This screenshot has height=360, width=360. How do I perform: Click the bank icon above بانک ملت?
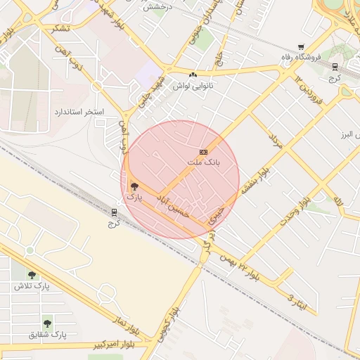(x=203, y=152)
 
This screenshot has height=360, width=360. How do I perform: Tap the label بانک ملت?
(x=203, y=162)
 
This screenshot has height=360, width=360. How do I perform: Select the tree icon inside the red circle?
(x=134, y=186)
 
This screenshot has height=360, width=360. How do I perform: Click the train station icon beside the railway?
(x=115, y=212)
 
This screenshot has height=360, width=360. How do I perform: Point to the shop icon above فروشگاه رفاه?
(x=301, y=46)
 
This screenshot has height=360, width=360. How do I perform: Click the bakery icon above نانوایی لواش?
(x=193, y=74)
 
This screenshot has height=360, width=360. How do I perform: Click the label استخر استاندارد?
(x=79, y=112)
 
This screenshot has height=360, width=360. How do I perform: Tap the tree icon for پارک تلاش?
(x=32, y=274)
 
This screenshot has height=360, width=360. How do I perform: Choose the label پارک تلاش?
(x=32, y=286)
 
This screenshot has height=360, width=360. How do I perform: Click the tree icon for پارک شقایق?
(x=47, y=323)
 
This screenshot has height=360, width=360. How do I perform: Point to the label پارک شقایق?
(x=47, y=335)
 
